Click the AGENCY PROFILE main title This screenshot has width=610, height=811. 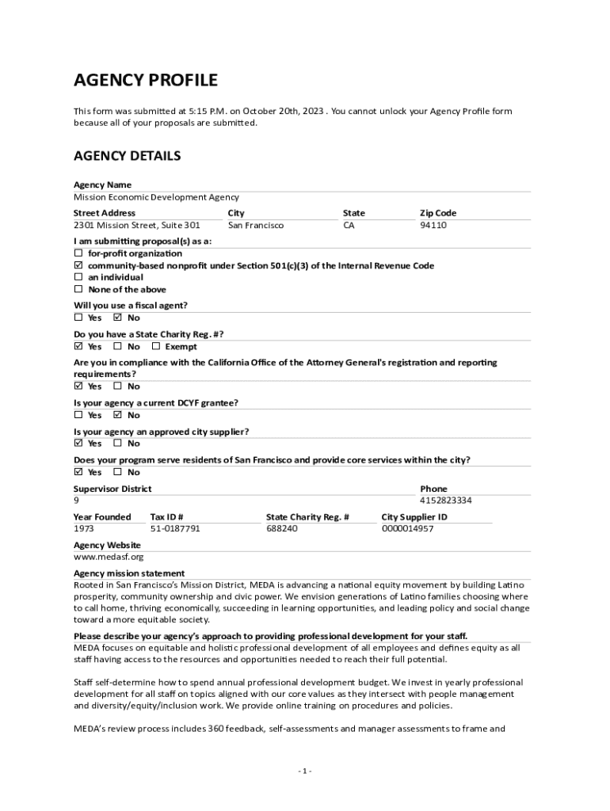(x=145, y=80)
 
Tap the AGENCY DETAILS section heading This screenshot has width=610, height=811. (x=127, y=156)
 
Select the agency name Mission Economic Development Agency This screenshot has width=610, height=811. (x=156, y=197)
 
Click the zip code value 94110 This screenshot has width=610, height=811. (x=433, y=226)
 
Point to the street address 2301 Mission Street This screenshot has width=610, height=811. (x=136, y=226)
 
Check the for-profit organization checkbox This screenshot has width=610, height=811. (x=78, y=253)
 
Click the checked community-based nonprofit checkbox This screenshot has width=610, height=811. (x=78, y=265)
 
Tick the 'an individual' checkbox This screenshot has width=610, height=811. (x=78, y=277)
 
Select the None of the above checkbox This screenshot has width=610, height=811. (x=78, y=290)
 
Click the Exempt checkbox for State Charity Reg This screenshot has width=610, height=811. (x=156, y=346)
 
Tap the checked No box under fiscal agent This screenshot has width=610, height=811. (x=118, y=318)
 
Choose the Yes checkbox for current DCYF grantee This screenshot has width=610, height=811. (x=78, y=415)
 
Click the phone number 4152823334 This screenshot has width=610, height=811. (x=445, y=501)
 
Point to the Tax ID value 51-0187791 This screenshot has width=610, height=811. (x=174, y=528)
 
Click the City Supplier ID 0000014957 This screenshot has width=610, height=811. (x=407, y=528)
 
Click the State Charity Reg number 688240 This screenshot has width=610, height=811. (x=282, y=528)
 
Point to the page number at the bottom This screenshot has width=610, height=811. (x=305, y=771)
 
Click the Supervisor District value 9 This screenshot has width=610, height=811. (x=76, y=501)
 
